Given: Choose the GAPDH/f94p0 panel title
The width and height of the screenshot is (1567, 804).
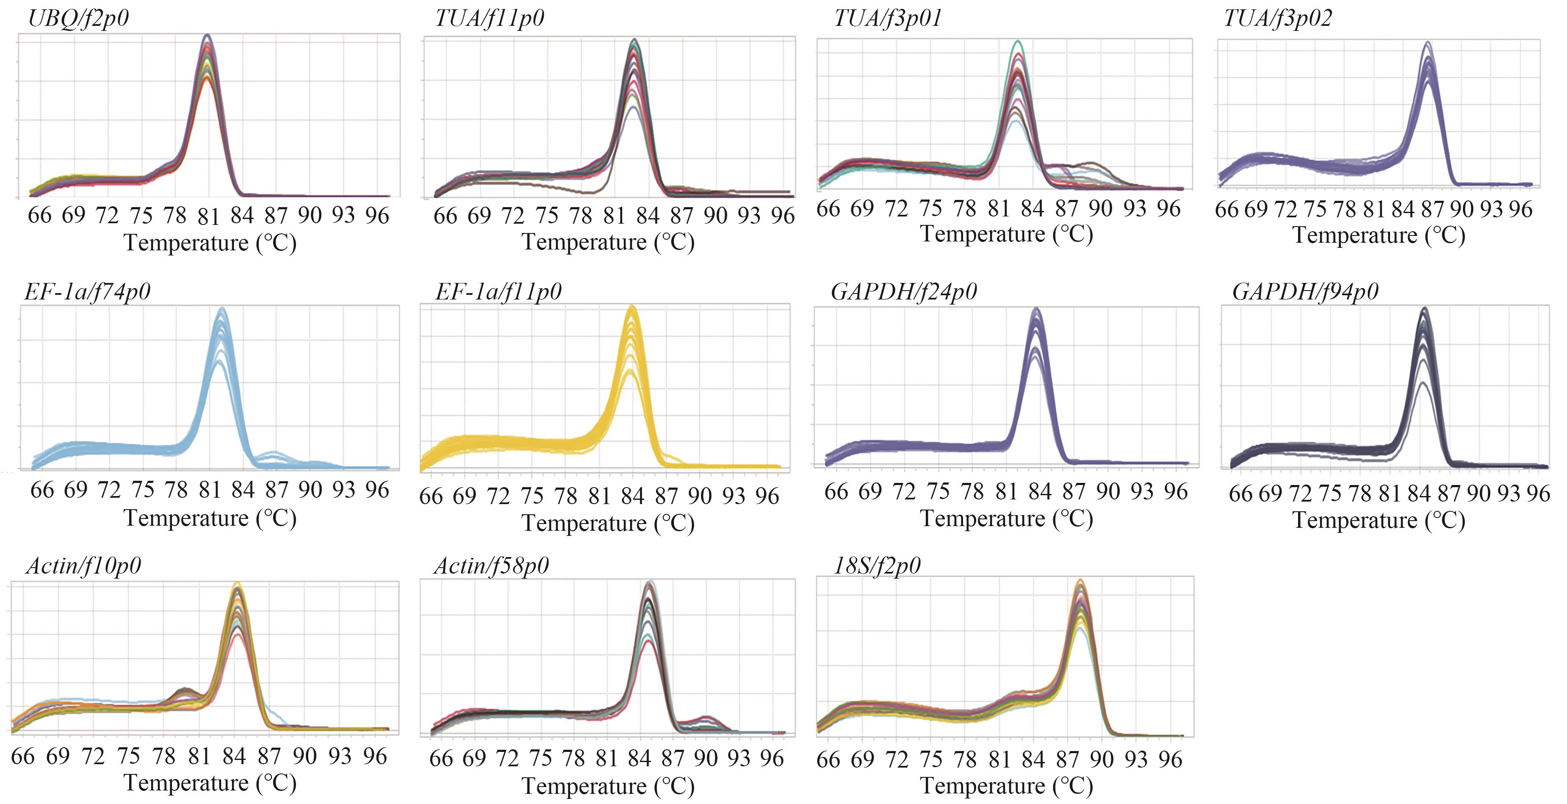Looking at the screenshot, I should [1305, 292].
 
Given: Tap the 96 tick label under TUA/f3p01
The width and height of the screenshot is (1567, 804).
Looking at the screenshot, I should [1168, 209].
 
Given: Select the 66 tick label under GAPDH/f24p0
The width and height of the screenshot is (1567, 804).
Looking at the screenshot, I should [836, 491].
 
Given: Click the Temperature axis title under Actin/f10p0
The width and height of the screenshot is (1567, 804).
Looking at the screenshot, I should [210, 783].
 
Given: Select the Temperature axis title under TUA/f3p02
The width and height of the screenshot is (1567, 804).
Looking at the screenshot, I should [1379, 235].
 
